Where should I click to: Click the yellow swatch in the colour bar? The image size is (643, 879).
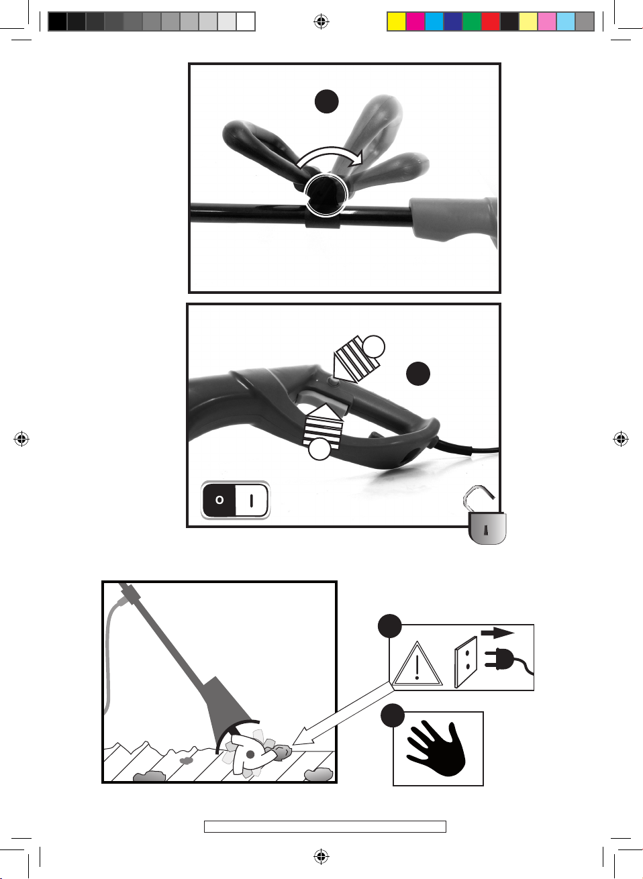(x=397, y=21)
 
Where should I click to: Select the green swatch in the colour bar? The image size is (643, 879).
(x=472, y=21)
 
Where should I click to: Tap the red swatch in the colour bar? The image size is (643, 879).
(x=491, y=21)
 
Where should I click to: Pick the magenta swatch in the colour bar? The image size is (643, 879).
(x=415, y=21)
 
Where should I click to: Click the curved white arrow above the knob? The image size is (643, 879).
(x=329, y=152)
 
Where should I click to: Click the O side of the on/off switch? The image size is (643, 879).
(x=219, y=499)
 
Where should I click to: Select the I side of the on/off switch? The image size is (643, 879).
(x=252, y=500)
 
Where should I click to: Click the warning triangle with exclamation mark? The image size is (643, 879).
(x=417, y=664)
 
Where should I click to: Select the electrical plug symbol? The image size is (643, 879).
(x=507, y=660)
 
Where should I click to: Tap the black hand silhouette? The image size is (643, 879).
(x=437, y=748)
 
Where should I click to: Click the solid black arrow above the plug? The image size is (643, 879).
(x=497, y=633)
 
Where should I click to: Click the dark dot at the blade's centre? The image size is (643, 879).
(x=250, y=754)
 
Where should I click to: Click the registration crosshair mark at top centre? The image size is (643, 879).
(x=321, y=21)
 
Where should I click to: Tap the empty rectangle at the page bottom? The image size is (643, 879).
(x=325, y=826)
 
